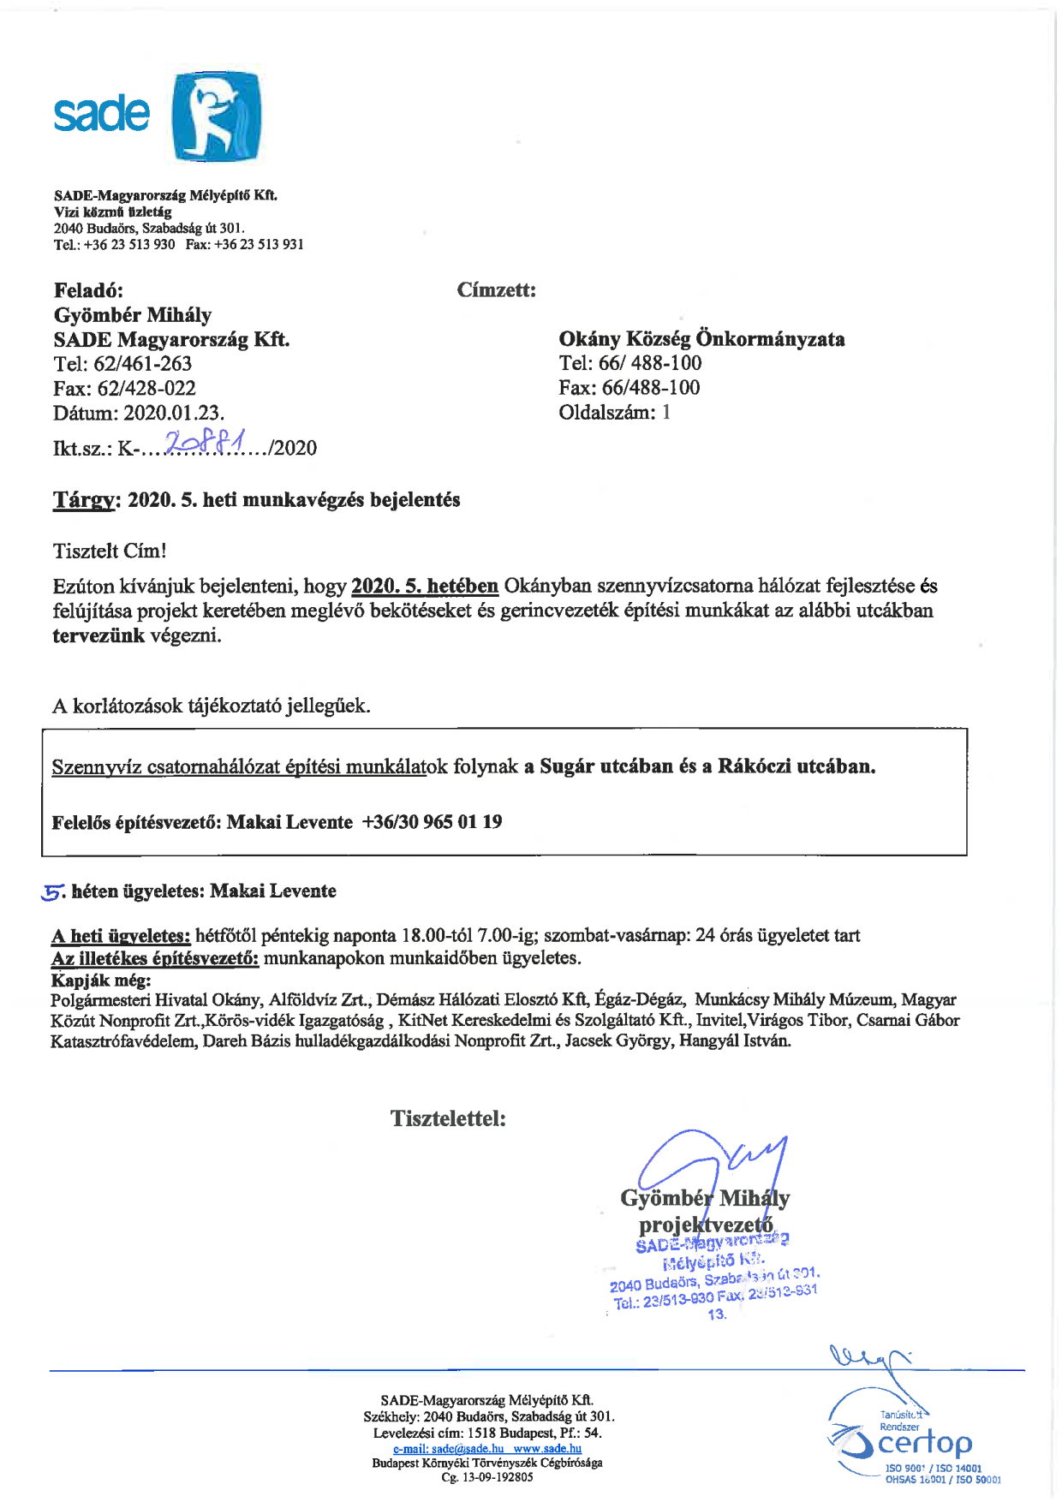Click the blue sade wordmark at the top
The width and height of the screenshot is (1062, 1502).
click(x=101, y=114)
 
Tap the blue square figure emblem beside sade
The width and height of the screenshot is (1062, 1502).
click(x=217, y=116)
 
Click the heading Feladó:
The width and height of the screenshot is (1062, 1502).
click(x=88, y=289)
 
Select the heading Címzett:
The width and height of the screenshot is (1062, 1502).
click(x=496, y=289)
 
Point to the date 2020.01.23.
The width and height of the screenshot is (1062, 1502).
click(x=174, y=413)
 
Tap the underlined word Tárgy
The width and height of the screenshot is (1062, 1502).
click(x=83, y=500)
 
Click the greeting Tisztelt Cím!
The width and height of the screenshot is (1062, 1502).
click(x=110, y=551)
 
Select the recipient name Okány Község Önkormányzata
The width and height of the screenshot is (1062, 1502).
click(x=701, y=339)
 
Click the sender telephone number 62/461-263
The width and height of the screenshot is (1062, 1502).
click(x=143, y=364)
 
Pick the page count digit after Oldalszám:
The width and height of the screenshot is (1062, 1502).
click(x=666, y=413)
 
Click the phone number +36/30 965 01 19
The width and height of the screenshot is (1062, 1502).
click(x=432, y=822)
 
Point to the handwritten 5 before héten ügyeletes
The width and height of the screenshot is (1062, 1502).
click(x=52, y=892)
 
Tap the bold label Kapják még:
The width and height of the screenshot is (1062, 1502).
click(x=101, y=980)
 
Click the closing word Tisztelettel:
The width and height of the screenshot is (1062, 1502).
click(x=448, y=1118)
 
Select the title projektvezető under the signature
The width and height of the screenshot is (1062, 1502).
click(x=706, y=1225)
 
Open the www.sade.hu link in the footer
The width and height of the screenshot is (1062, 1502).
click(x=547, y=1449)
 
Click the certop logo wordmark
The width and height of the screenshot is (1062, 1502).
click(x=925, y=1444)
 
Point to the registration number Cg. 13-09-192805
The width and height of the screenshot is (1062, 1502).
click(x=486, y=1477)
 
